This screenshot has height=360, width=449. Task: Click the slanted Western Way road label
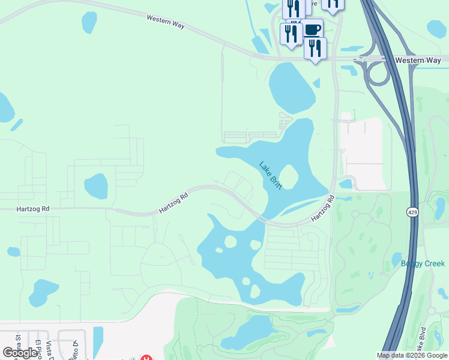[166, 23]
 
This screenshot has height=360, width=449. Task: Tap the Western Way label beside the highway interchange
[418, 60]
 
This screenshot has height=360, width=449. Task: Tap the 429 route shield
[412, 212]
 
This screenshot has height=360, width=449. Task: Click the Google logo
[20, 353]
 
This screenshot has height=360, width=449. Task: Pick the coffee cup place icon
[312, 29]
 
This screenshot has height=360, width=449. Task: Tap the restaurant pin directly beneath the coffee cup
[315, 48]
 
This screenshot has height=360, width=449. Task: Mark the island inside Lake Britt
[289, 176]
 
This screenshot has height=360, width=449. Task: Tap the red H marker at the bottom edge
[146, 358]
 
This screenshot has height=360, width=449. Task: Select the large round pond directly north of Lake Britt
[292, 87]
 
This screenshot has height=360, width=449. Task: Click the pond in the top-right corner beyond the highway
[436, 28]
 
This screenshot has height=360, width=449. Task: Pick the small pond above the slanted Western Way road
[89, 22]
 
